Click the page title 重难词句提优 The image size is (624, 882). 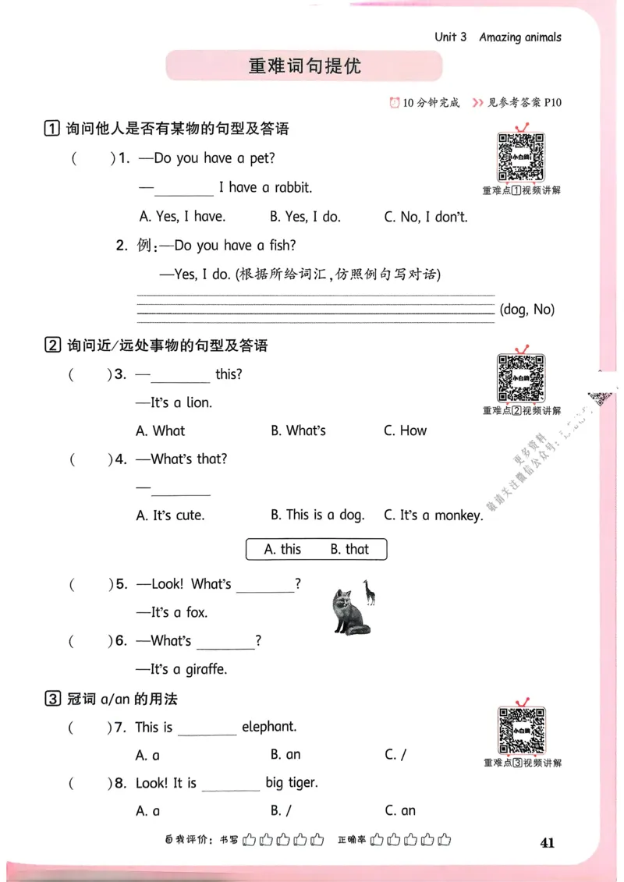click(305, 66)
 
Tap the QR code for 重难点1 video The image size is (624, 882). click(521, 157)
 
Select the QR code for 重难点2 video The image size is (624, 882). click(521, 378)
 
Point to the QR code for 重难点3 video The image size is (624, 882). click(521, 731)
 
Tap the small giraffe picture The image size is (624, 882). click(368, 593)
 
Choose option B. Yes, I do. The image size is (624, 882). click(305, 217)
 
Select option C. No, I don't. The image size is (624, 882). click(426, 217)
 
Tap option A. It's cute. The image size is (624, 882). click(170, 515)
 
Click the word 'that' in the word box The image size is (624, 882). click(349, 550)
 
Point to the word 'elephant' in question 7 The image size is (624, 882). click(269, 727)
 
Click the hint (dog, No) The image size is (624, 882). click(527, 310)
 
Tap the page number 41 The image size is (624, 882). click(546, 842)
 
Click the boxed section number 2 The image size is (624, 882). click(52, 345)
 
